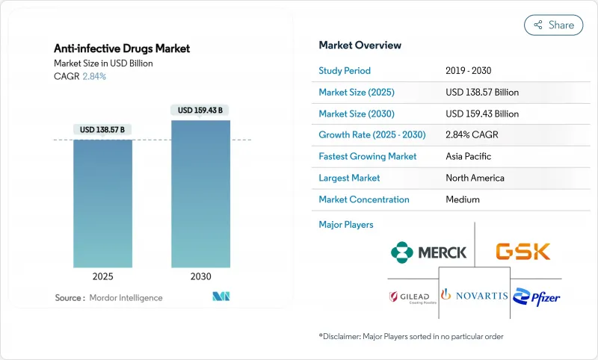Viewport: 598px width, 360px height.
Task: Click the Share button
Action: [x=553, y=25]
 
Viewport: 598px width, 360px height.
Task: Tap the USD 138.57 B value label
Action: [x=102, y=129]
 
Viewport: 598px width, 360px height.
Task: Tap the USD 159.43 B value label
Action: [x=200, y=110]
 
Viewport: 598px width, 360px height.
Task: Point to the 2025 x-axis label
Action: [x=102, y=276]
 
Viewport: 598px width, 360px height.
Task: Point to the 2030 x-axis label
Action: [x=200, y=276]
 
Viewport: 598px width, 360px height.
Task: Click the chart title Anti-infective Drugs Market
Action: [x=122, y=49]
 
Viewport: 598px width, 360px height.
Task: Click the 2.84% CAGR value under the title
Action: [x=94, y=76]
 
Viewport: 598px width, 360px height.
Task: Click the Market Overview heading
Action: [x=360, y=46]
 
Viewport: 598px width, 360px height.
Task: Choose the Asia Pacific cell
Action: [x=469, y=157]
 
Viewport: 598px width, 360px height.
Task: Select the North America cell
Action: [x=475, y=178]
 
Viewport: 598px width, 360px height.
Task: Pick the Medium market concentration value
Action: [x=463, y=199]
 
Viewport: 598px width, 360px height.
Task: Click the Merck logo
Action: [x=428, y=252]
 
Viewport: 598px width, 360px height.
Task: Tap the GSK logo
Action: [x=523, y=251]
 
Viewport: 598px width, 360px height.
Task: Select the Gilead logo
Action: [x=409, y=297]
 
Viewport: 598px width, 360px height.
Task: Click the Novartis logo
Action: [x=475, y=295]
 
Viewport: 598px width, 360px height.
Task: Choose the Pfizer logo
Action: [x=537, y=296]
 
